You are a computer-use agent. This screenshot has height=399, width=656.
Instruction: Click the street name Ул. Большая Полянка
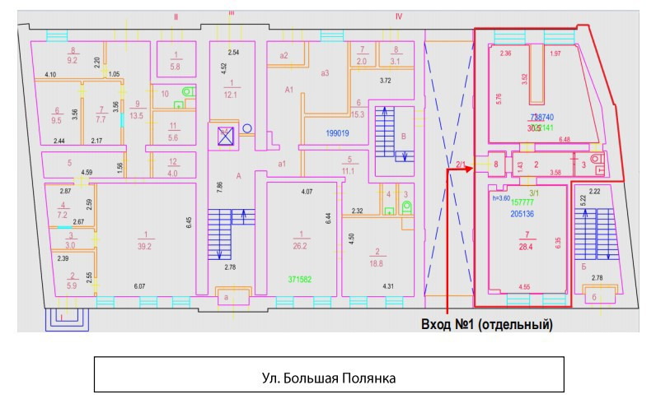click(327, 378)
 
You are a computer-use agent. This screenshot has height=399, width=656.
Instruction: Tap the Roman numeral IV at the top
click(398, 16)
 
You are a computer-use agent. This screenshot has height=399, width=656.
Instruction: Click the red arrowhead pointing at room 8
click(471, 168)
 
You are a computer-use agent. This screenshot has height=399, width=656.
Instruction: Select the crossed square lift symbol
click(223, 136)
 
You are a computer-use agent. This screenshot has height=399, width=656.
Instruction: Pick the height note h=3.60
click(502, 197)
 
